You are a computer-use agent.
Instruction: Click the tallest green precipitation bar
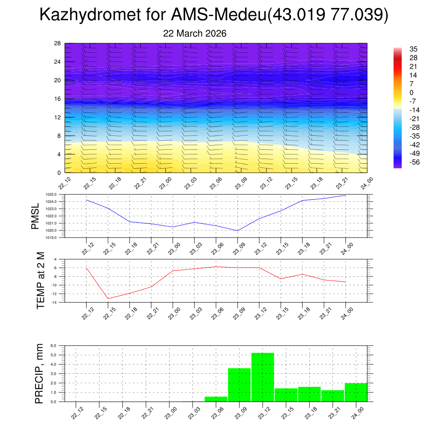[262, 377]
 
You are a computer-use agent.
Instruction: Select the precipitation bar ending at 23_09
[239, 385]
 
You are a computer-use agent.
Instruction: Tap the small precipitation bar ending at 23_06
[216, 399]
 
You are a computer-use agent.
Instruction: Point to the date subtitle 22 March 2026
[194, 33]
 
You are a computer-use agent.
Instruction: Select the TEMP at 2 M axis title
[40, 281]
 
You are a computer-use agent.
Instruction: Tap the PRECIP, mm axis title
[39, 374]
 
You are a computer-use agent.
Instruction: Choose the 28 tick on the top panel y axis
[57, 43]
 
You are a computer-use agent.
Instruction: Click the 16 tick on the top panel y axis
[57, 99]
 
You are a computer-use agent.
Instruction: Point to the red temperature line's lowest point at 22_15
[108, 299]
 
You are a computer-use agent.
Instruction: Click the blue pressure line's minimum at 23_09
[238, 231]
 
